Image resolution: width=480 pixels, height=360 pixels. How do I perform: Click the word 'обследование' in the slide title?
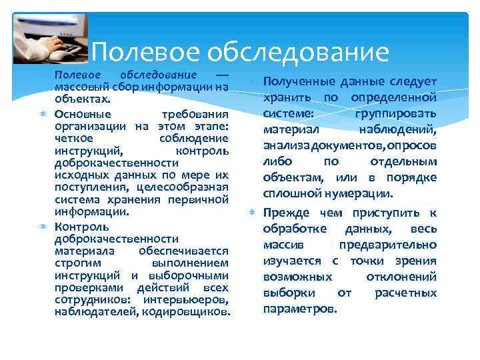[297, 52]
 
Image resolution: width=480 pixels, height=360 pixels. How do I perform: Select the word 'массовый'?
[77, 87]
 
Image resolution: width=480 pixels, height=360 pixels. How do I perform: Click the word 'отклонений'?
[401, 277]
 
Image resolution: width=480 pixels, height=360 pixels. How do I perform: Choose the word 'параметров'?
[300, 309]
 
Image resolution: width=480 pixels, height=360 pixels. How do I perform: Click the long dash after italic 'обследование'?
[221, 74]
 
